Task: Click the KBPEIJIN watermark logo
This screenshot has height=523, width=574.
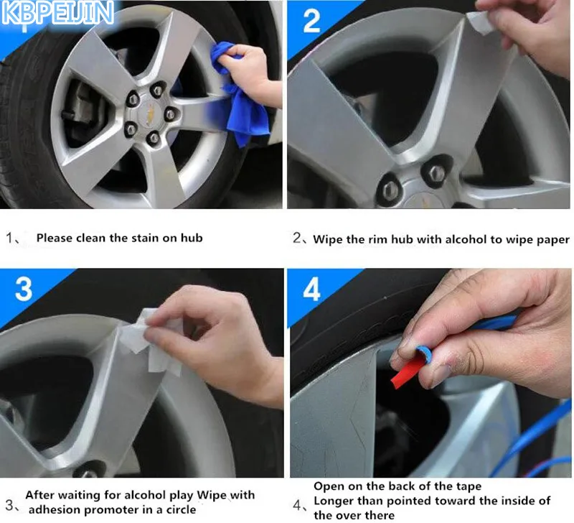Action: (x=57, y=13)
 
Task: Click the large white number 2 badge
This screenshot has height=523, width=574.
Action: (x=311, y=22)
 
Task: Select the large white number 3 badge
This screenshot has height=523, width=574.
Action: (x=24, y=289)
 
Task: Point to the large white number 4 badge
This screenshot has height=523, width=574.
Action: (x=312, y=289)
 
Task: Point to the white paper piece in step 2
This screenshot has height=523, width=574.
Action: (x=481, y=23)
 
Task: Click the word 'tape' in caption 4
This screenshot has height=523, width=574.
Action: (x=469, y=486)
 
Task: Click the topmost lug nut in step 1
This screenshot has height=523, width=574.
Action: (x=157, y=90)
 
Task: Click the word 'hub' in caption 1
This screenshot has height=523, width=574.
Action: (x=192, y=238)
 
